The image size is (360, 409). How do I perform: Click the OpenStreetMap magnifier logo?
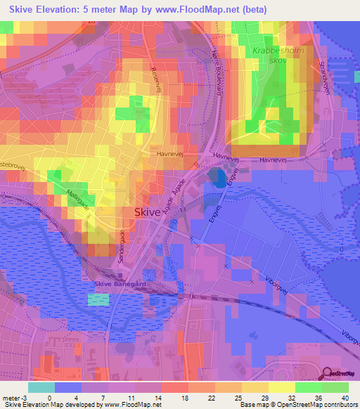tap(328, 373)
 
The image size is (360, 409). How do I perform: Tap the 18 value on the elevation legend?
tap(179, 398)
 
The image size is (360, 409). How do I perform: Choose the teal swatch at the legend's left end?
tap(41, 387)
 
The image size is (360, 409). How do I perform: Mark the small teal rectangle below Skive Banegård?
tap(99, 299)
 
